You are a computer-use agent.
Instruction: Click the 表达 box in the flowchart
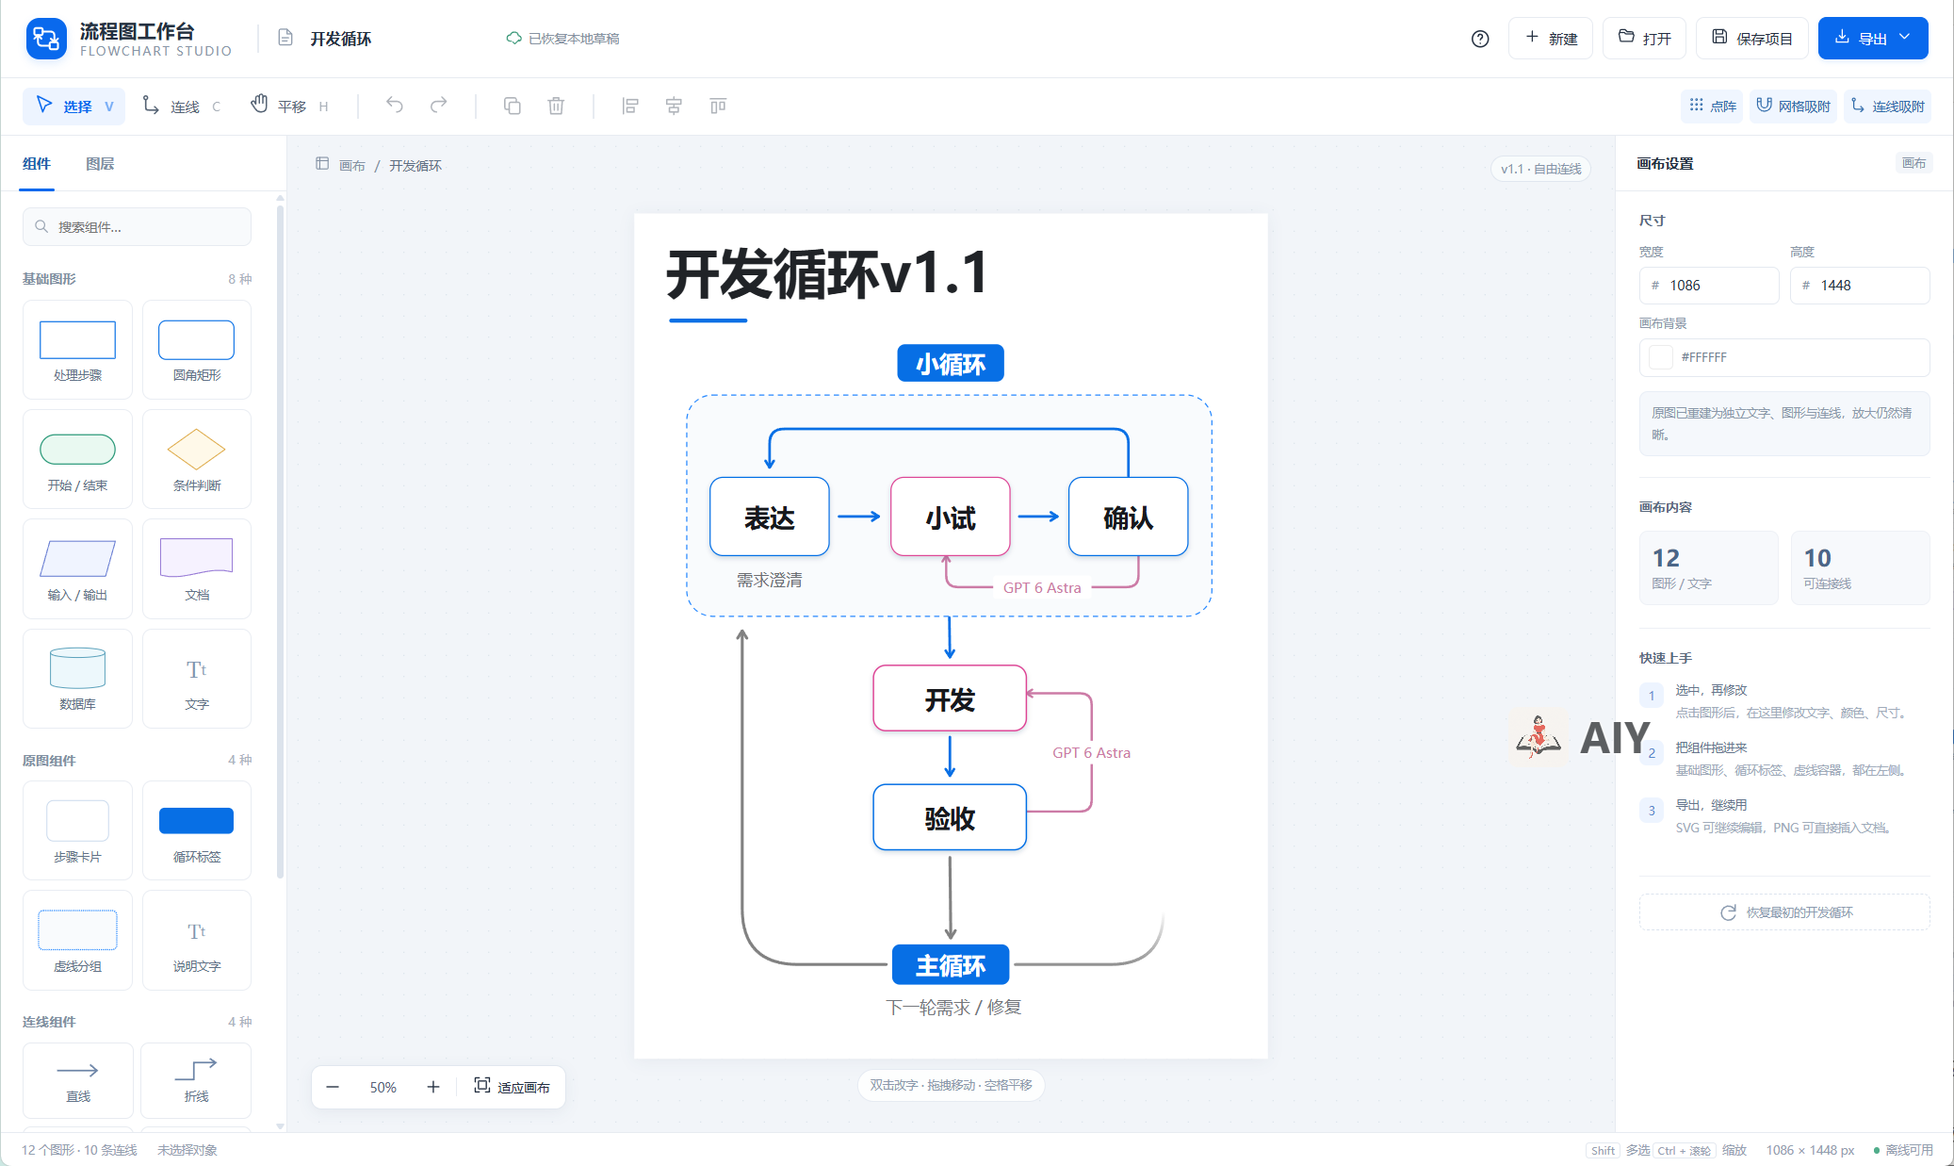click(770, 517)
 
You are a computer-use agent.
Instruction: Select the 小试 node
click(950, 517)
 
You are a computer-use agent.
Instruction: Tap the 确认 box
click(1128, 517)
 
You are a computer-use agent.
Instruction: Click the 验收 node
click(950, 817)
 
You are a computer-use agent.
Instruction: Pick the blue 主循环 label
click(951, 964)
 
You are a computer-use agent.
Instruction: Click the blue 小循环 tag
click(951, 363)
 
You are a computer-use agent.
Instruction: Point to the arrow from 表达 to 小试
click(858, 517)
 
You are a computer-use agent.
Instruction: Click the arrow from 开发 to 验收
click(950, 757)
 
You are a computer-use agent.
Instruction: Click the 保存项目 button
click(1751, 39)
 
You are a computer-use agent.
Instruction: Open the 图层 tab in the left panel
click(100, 164)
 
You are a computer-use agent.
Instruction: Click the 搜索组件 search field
click(138, 227)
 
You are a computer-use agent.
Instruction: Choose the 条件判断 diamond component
click(197, 459)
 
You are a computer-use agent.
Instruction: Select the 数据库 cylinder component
click(77, 679)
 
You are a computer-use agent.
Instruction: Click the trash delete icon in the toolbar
click(556, 106)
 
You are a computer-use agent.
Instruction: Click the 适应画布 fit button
click(512, 1087)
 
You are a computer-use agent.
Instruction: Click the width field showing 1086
click(1709, 286)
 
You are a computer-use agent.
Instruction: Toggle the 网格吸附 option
click(1793, 107)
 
